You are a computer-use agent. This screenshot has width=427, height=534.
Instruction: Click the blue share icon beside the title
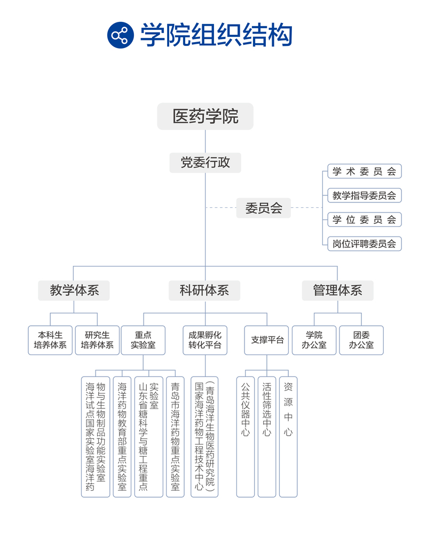[x=121, y=35]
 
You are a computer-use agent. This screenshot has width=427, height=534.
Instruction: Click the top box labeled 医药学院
[x=205, y=116]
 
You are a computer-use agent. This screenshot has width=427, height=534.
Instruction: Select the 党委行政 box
[x=205, y=162]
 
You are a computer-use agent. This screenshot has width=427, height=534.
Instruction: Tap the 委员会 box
[x=264, y=207]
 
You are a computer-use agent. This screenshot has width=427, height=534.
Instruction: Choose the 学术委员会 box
[x=364, y=171]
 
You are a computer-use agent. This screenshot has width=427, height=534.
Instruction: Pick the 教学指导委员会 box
[x=364, y=195]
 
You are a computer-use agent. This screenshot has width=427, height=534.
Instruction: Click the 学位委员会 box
[x=364, y=219]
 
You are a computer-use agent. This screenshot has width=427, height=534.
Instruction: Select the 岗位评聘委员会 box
[x=364, y=244]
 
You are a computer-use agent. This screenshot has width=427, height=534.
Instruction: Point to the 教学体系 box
[x=74, y=290]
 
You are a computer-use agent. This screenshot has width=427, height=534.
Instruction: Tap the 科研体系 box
[x=204, y=290]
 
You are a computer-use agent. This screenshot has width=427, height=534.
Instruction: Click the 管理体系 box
[x=337, y=290]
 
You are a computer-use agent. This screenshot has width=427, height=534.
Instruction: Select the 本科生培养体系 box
[x=50, y=340]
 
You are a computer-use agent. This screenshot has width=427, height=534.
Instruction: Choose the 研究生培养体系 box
[x=97, y=340]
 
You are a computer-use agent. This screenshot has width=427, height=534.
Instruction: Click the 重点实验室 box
[x=143, y=340]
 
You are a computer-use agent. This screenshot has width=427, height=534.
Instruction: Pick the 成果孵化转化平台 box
[x=205, y=340]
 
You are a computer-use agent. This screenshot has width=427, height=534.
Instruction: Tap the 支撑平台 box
[x=266, y=340]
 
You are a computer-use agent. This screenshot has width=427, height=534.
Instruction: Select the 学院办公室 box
[x=314, y=340]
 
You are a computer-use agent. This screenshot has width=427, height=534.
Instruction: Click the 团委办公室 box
[x=361, y=340]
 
